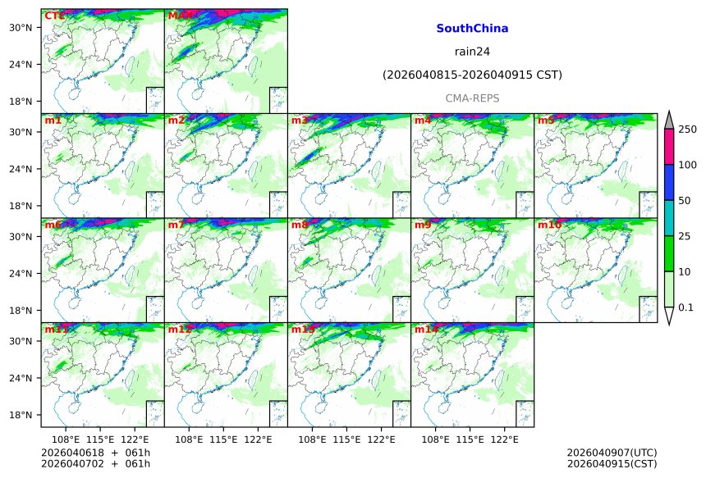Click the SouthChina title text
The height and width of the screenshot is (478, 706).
[471, 29]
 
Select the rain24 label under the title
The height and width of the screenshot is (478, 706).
[471, 52]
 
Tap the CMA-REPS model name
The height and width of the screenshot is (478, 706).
[472, 98]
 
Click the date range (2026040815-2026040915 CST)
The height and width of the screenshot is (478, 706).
[472, 75]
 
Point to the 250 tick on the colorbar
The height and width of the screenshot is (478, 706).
[687, 130]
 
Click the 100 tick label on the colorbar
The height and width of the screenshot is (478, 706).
[687, 165]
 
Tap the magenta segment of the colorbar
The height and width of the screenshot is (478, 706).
[668, 147]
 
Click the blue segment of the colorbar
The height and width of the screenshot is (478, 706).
[668, 182]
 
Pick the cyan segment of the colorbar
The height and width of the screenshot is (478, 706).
[668, 217]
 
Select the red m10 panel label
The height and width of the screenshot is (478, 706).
[549, 225]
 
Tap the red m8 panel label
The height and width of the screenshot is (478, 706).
[300, 225]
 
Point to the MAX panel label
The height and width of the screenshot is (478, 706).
[180, 16]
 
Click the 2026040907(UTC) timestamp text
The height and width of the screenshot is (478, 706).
[612, 453]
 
